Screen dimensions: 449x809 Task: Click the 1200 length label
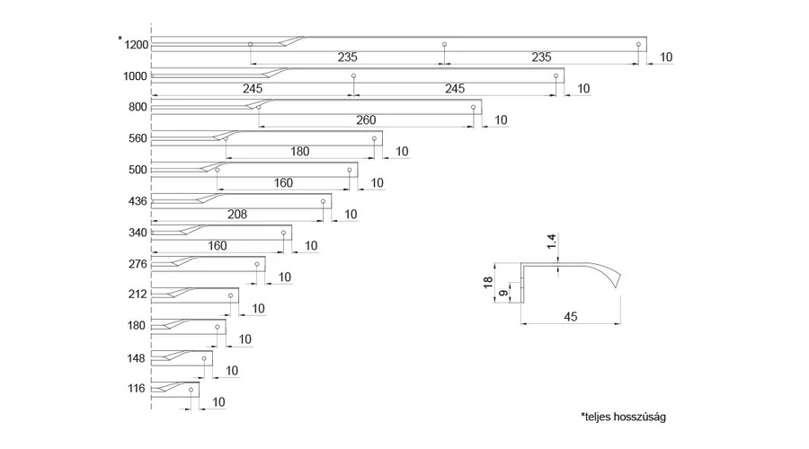coord(137,45)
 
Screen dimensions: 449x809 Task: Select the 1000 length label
coord(136,76)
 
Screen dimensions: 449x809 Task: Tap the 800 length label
coord(138,108)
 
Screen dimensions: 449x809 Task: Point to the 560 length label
coord(138,138)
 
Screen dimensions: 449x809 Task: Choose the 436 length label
coord(138,200)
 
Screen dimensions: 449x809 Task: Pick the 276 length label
coord(138,264)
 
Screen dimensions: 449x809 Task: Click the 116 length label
coord(138,389)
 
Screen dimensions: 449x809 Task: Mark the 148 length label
coord(138,357)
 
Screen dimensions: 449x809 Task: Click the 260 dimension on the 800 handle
coord(366,119)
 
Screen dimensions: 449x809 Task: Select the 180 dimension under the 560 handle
coord(299,151)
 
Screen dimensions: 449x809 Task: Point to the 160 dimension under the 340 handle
coord(217,245)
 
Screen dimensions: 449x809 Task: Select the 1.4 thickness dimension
coord(551,241)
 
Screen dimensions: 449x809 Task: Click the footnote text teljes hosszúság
coord(625,418)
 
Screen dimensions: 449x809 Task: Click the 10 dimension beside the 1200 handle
coord(666,57)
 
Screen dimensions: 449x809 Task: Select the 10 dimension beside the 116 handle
coord(218,401)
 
